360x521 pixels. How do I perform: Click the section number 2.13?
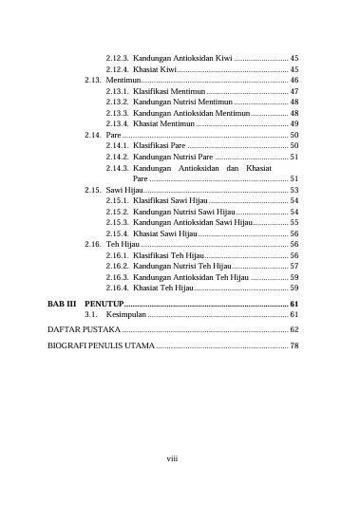[93, 81]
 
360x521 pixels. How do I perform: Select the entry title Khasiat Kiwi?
[154, 69]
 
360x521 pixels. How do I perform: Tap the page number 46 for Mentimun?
[294, 81]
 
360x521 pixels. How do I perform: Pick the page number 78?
[294, 344]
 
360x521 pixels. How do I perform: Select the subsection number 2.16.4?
[118, 287]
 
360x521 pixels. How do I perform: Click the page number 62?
[294, 328]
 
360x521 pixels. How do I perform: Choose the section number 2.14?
[93, 136]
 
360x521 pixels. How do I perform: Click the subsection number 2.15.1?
[118, 201]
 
